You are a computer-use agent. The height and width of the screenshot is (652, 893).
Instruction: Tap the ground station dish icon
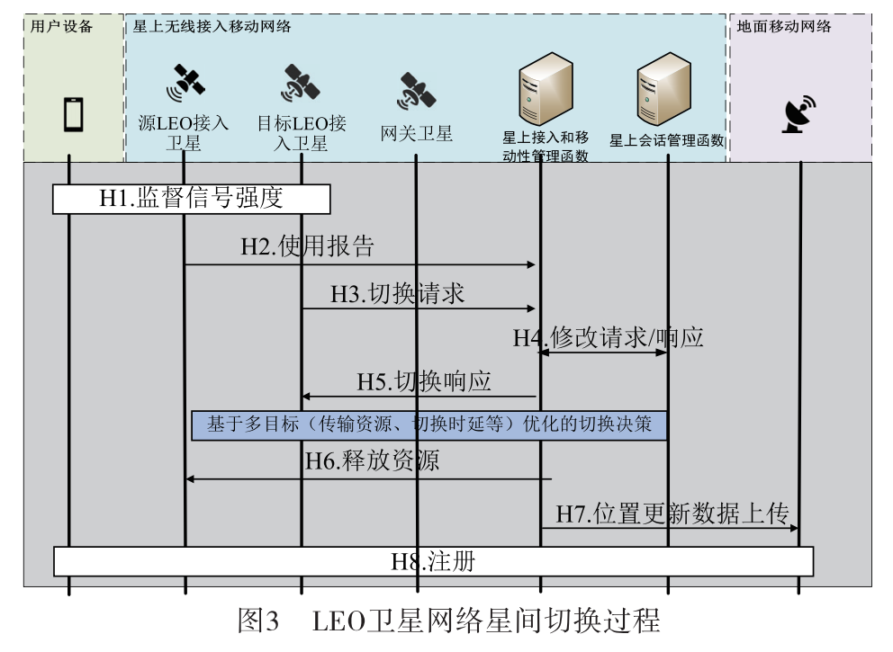[x=798, y=116]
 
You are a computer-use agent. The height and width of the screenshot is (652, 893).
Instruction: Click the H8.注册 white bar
[x=433, y=561]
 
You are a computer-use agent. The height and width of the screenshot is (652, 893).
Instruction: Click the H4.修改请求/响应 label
[x=608, y=337]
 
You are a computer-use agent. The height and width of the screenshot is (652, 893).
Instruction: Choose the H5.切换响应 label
[x=423, y=380]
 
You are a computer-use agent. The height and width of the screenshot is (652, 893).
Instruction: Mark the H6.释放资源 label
[x=372, y=461]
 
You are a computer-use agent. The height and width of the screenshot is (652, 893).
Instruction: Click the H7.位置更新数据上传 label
[x=672, y=514]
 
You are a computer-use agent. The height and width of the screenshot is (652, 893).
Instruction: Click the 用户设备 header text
[x=61, y=26]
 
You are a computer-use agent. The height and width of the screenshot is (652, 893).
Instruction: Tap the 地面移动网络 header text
[x=783, y=26]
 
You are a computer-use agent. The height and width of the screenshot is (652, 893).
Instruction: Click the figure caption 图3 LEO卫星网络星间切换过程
[x=447, y=621]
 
